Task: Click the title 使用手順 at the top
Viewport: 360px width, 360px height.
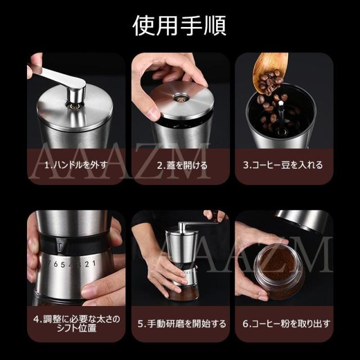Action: tap(180, 25)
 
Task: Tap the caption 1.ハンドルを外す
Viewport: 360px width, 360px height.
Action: tap(76, 165)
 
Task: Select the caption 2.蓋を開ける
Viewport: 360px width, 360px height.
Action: tap(182, 165)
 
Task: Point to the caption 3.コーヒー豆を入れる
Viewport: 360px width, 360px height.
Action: tap(283, 165)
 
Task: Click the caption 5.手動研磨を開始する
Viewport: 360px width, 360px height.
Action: tap(182, 324)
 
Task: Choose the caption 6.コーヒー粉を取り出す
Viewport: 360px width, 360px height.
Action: tap(286, 324)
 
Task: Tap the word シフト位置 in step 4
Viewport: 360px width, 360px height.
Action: tap(76, 328)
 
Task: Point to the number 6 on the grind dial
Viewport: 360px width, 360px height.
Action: tap(56, 264)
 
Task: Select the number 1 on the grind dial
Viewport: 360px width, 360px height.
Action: tap(94, 263)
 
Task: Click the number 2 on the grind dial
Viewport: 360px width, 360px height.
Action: tap(87, 264)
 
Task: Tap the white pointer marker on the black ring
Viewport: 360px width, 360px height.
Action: tap(60, 247)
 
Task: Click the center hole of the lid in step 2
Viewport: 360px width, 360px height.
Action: tap(181, 98)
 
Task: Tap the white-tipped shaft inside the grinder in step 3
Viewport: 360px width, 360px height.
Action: tap(281, 117)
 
